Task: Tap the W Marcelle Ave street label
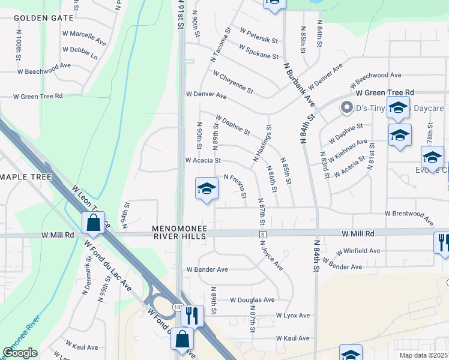[87, 34]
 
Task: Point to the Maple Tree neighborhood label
[26, 178]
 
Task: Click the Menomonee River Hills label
[179, 233]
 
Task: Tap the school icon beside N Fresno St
[206, 189]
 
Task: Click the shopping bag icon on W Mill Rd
[94, 223]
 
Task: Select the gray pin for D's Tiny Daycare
[346, 108]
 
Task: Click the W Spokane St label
[258, 52]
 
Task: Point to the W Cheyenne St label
[232, 82]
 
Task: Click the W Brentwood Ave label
[413, 213]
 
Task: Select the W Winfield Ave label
[358, 251]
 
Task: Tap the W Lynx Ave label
[293, 315]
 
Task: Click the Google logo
[20, 353]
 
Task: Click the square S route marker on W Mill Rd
[262, 233]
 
